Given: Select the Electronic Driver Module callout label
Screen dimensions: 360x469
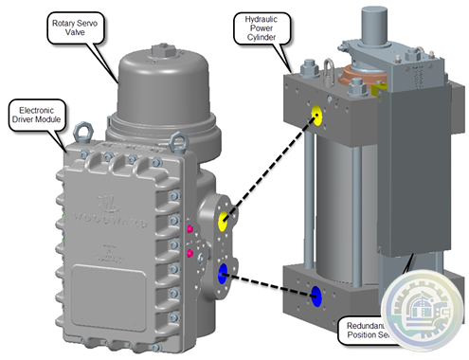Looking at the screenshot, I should [x=33, y=114].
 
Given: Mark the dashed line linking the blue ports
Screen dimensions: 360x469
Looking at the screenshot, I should [x=271, y=284].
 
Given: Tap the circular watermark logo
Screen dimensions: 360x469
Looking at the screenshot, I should [x=424, y=315].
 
